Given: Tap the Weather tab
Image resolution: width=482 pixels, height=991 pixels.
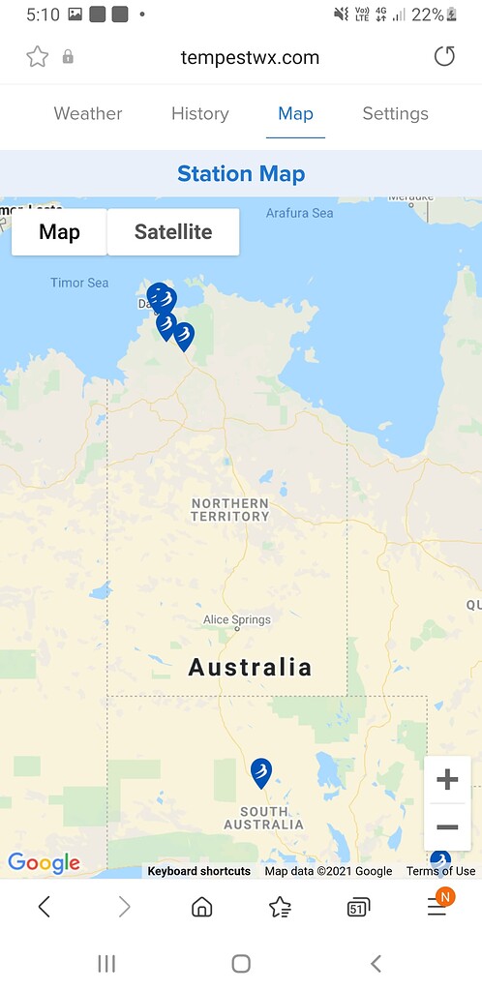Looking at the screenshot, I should click(x=88, y=113).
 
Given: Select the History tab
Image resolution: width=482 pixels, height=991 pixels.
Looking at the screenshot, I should click(x=199, y=113).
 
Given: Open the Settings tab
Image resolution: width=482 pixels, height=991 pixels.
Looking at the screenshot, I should click(x=395, y=113).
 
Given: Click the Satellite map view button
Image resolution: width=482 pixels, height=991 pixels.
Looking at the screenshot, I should click(x=173, y=232).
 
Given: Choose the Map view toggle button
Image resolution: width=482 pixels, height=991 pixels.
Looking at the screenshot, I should click(x=59, y=232).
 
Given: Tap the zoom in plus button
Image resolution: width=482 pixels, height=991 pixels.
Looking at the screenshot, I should click(x=447, y=779).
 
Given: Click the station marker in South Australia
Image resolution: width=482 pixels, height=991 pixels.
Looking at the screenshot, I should click(x=260, y=772).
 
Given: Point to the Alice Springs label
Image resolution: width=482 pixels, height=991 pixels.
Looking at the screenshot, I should click(x=237, y=619).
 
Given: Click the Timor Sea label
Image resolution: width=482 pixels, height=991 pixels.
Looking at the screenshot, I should click(x=79, y=283).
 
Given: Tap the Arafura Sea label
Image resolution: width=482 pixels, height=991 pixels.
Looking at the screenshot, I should click(x=299, y=213).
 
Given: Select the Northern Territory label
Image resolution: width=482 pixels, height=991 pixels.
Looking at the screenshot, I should click(x=230, y=510).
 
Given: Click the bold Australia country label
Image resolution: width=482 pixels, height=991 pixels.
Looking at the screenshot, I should click(x=250, y=667).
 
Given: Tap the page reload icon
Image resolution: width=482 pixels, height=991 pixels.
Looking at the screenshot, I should click(x=444, y=57).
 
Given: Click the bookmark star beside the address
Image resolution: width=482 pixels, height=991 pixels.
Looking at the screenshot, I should click(x=38, y=57).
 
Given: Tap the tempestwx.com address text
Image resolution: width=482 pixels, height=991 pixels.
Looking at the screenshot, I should click(x=250, y=57).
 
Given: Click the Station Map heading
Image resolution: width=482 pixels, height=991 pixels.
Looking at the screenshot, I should click(x=241, y=174).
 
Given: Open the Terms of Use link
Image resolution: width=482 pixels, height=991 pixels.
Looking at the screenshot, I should click(x=440, y=871).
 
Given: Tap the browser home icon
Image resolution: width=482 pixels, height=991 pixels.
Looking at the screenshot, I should click(x=201, y=907).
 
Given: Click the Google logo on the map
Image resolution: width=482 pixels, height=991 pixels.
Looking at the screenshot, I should click(x=44, y=863).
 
